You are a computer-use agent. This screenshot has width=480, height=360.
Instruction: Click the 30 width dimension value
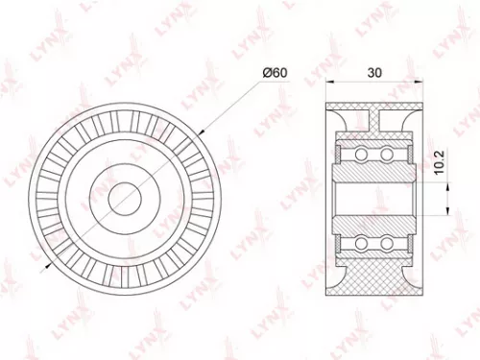pyautogui.click(x=375, y=71)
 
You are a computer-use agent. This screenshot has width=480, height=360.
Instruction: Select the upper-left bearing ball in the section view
pyautogui.click(x=362, y=154)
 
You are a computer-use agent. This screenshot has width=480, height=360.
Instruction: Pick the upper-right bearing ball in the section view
pyautogui.click(x=386, y=154)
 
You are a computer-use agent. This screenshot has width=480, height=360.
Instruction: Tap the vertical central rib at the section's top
pyautogui.click(x=374, y=119)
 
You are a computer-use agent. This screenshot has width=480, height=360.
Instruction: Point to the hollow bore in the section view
pyautogui.click(x=374, y=198)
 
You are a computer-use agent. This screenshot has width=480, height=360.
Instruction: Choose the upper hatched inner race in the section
pyautogui.click(x=374, y=169)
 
